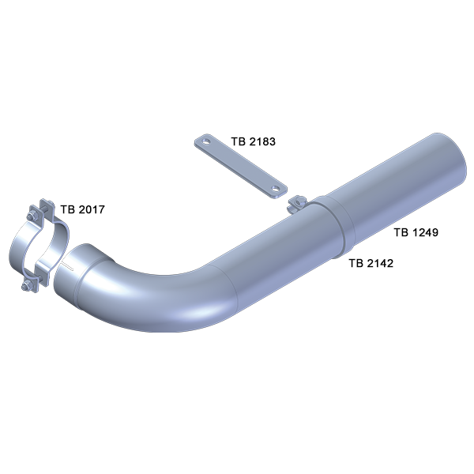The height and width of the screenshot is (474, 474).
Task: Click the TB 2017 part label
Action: [x=82, y=209]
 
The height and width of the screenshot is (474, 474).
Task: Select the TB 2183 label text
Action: [x=254, y=141]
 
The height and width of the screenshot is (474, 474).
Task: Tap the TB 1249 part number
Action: [x=416, y=232]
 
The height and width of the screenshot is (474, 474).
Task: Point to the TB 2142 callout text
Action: [x=371, y=263]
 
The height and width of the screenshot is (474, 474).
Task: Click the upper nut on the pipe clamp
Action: [x=31, y=216]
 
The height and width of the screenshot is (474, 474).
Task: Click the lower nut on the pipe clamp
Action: [x=26, y=285]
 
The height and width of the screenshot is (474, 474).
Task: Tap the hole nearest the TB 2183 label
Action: [x=206, y=141]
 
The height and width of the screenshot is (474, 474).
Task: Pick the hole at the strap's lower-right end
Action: [x=275, y=189]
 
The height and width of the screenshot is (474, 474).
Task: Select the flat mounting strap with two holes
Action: [x=241, y=166]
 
